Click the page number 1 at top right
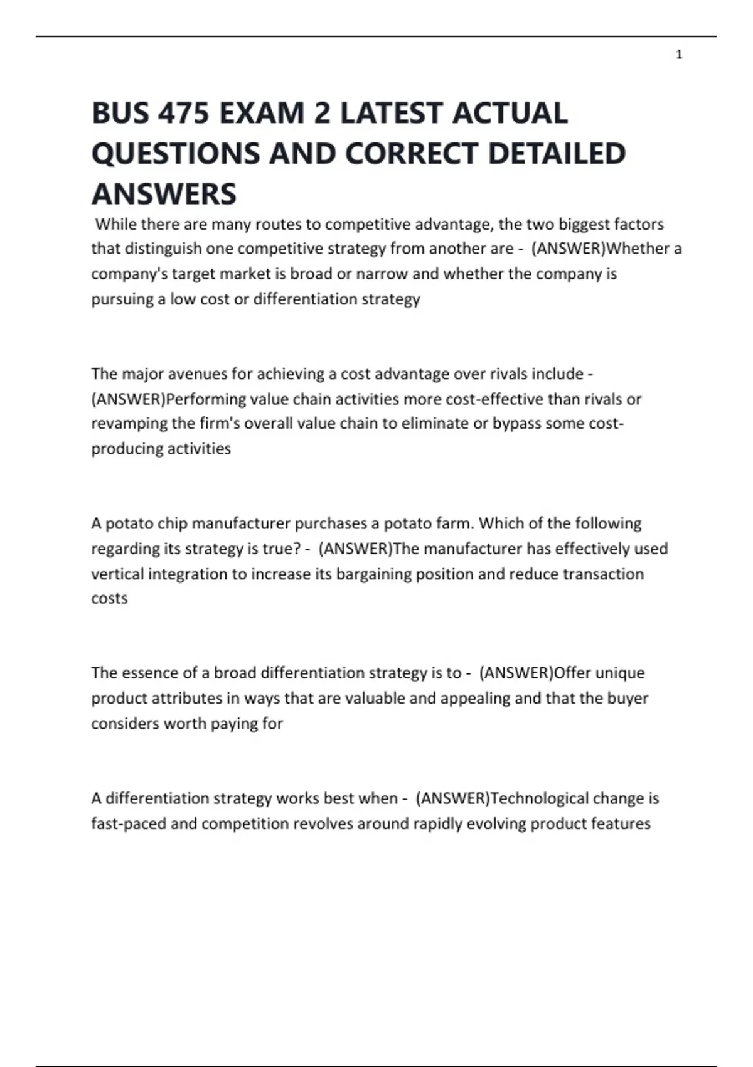(679, 55)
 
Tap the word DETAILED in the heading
(557, 154)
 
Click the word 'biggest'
(584, 224)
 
